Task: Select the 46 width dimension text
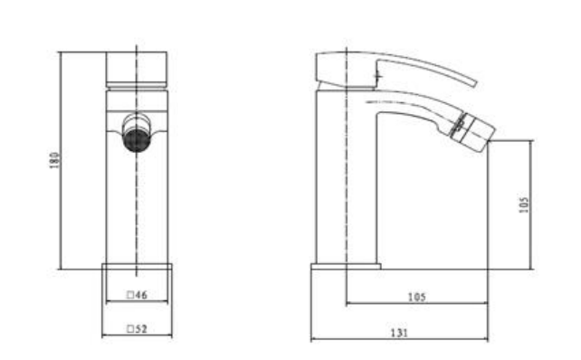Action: (x=140, y=295)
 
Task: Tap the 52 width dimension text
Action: (x=140, y=329)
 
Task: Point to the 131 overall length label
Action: (x=399, y=333)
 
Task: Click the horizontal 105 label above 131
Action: (x=417, y=297)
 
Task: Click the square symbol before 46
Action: (x=130, y=295)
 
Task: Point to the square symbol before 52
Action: (x=130, y=329)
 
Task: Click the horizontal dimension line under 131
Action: (x=399, y=341)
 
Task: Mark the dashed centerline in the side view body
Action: (x=346, y=181)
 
